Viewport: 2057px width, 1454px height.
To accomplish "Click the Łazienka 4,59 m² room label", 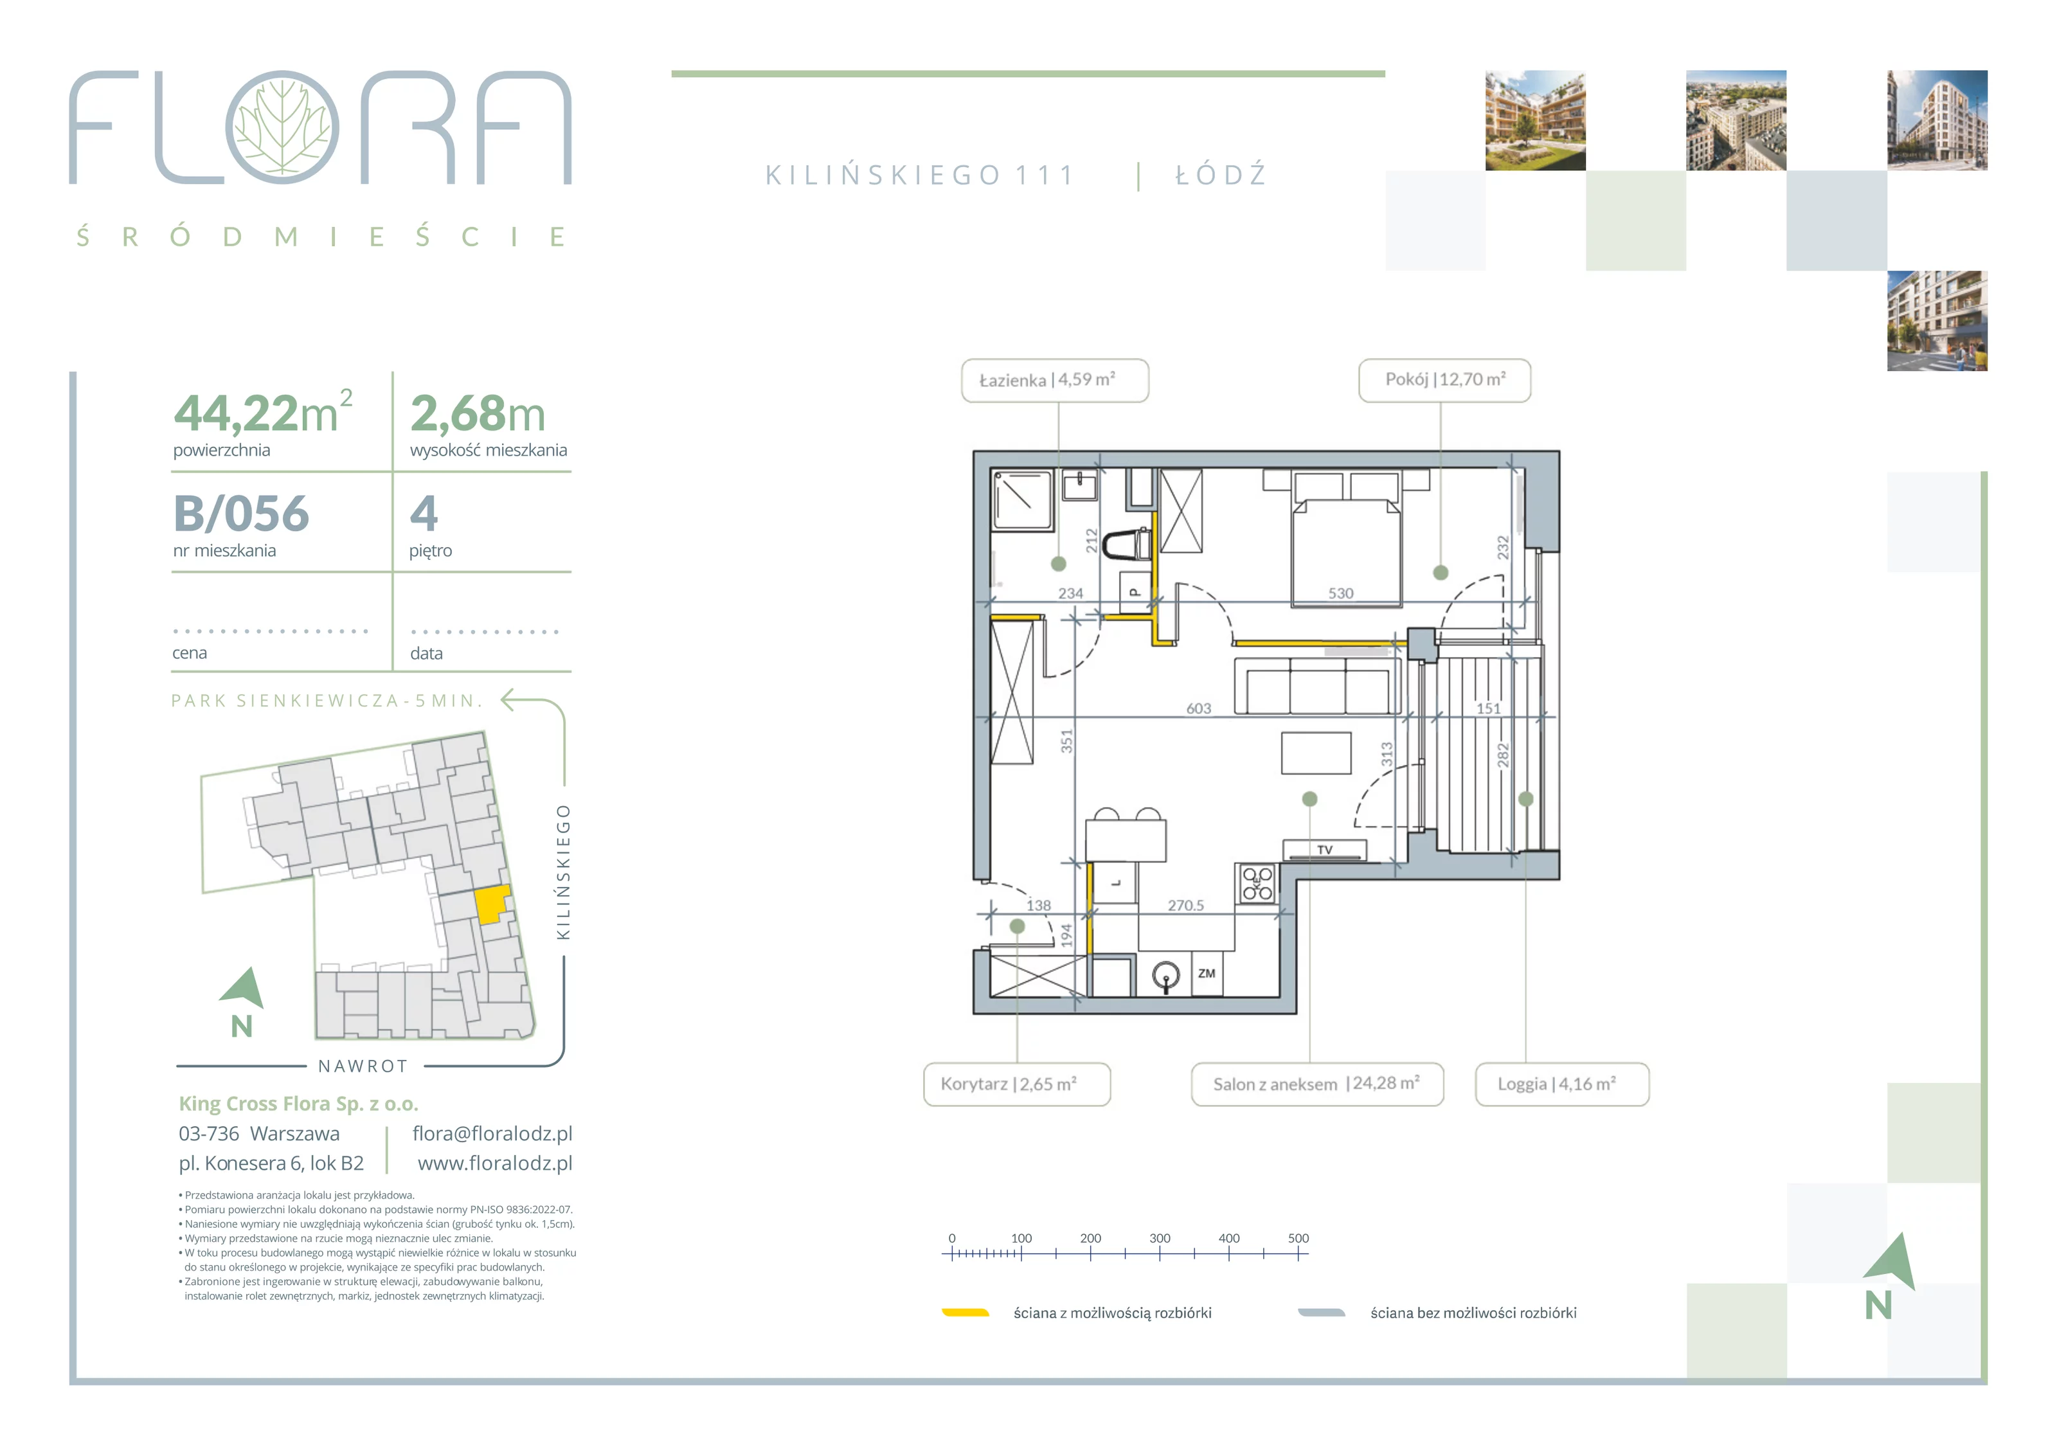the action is click(x=1054, y=381).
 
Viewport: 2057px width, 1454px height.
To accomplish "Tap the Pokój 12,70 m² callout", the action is click(x=1444, y=381).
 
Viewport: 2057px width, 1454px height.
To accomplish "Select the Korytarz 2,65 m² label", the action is click(x=1017, y=1084).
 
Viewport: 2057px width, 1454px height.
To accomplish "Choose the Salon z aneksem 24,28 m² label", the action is click(x=1317, y=1084).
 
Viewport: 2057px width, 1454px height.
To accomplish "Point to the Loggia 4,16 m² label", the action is click(x=1561, y=1084).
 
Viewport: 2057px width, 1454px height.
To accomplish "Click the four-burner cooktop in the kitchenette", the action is click(x=1257, y=883).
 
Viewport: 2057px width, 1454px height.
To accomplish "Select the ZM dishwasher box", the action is click(x=1207, y=973).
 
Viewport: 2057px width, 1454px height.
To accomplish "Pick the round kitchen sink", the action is click(x=1165, y=974).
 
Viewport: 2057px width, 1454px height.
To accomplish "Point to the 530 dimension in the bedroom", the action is click(x=1340, y=593).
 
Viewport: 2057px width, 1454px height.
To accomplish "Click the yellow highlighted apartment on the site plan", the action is click(x=491, y=904).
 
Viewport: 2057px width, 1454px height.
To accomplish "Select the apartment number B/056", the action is click(x=241, y=514).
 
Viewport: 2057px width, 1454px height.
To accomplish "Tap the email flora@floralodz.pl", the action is click(x=492, y=1133).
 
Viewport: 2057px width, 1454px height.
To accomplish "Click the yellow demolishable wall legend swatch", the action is click(x=965, y=1313).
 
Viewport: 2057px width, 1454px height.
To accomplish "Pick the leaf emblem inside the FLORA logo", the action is click(x=282, y=127).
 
